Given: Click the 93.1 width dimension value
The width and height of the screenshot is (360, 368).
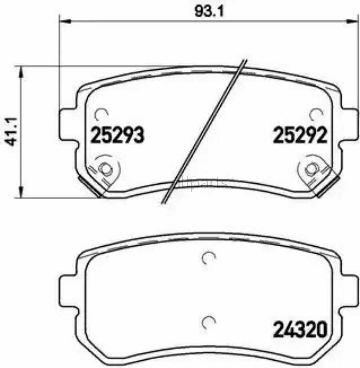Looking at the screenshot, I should pyautogui.click(x=208, y=11).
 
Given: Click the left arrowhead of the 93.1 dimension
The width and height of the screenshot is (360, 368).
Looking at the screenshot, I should pyautogui.click(x=63, y=19).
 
